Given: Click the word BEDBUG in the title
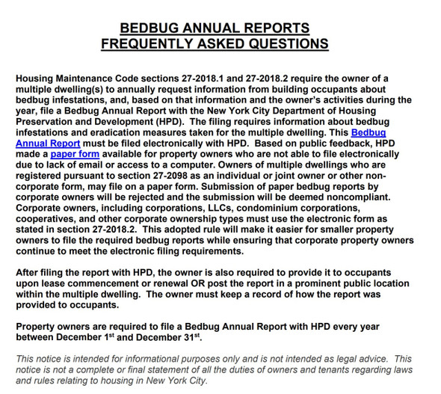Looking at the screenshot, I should point(154,28).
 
